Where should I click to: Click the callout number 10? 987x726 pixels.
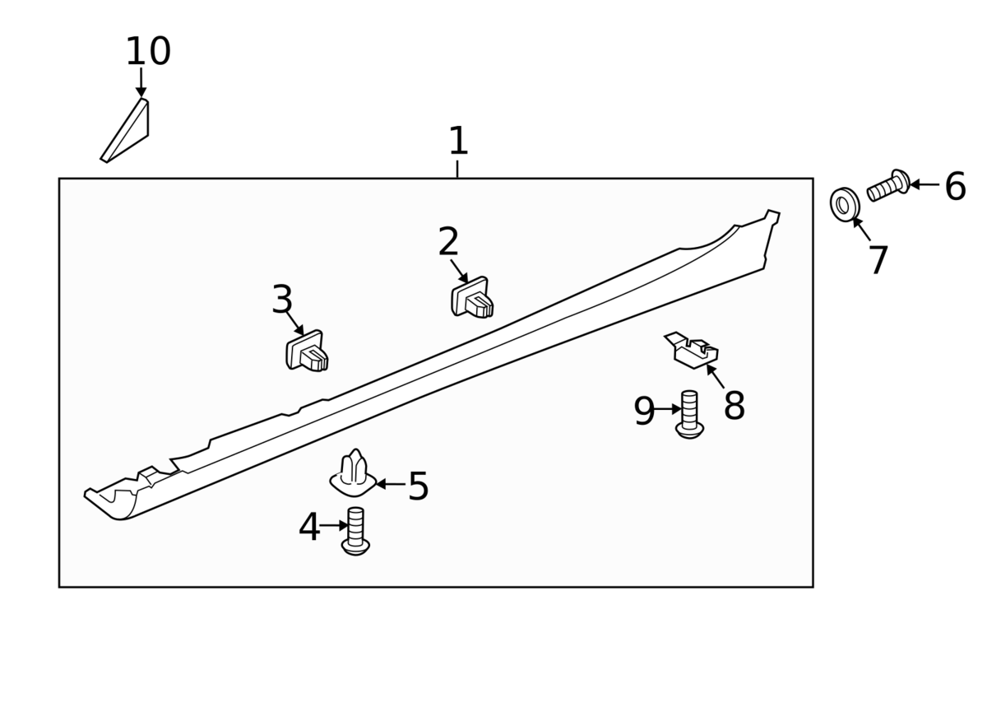[x=148, y=53]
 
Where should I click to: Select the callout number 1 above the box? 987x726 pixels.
[x=458, y=142]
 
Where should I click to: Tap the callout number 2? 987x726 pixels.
[x=448, y=242]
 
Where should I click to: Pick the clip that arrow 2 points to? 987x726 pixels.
[x=472, y=299]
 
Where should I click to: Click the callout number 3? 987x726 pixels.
[x=282, y=300]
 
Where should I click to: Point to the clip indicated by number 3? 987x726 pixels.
[x=307, y=352]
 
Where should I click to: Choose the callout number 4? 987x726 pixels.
[x=309, y=528]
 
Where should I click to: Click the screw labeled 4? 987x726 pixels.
[x=355, y=532]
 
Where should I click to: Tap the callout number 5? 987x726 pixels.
[x=418, y=486]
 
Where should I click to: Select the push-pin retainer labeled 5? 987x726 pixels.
[x=354, y=475]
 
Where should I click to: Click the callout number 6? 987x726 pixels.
[x=955, y=188]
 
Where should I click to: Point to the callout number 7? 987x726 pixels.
[x=878, y=262]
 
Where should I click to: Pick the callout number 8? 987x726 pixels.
[x=734, y=407]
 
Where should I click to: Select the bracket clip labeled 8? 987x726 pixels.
[x=693, y=351]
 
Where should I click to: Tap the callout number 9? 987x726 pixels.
[x=644, y=412]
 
